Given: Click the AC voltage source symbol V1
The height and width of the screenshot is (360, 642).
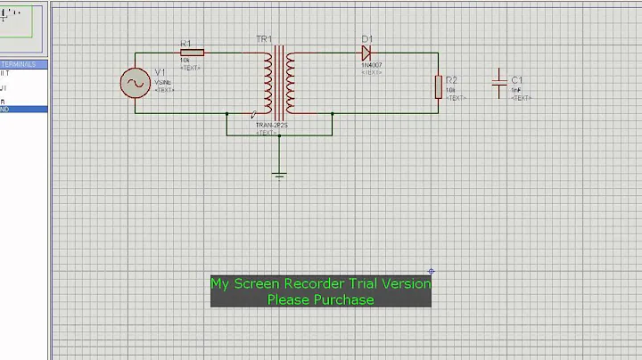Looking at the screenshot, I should [x=136, y=84].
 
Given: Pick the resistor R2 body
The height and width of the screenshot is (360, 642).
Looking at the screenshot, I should [x=438, y=86].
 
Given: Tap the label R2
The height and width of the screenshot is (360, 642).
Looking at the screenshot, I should [x=451, y=80].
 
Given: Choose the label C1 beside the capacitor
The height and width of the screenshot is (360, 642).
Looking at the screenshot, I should [x=517, y=80].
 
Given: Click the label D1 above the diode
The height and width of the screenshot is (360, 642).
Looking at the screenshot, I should [x=366, y=39].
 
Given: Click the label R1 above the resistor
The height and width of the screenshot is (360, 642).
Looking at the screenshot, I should [x=185, y=43].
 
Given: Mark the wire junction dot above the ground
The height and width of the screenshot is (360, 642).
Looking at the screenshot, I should [x=280, y=135].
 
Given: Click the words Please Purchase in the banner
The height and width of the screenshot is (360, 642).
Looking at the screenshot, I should [x=320, y=299].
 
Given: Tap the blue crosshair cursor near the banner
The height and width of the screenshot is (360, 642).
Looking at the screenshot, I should [x=431, y=271].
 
